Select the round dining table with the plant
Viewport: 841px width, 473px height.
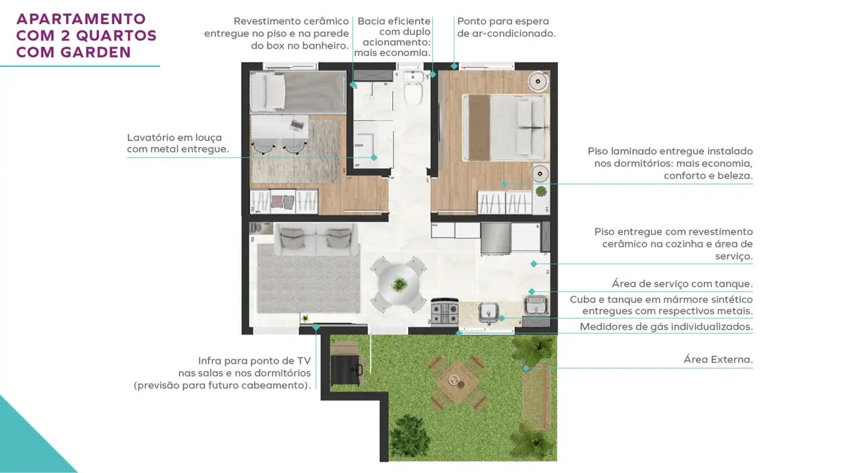coord(399,284)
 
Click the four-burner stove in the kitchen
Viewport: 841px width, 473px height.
coord(445,312)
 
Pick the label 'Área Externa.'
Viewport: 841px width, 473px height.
coord(717,359)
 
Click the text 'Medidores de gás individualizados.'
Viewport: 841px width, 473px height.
coord(666,327)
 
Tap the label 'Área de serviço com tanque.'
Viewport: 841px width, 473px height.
coord(682,284)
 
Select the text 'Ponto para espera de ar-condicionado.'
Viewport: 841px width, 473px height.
coord(506,28)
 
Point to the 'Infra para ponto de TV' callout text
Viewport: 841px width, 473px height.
coord(254,361)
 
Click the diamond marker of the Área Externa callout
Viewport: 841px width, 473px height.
coord(525,368)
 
